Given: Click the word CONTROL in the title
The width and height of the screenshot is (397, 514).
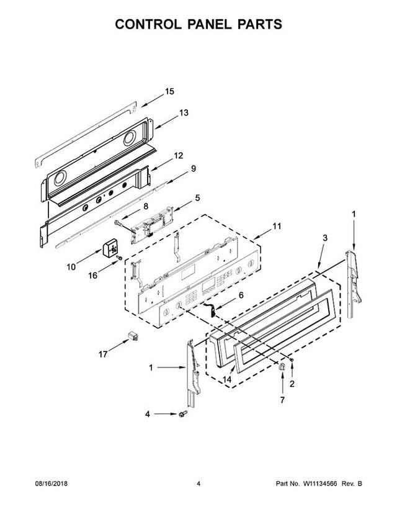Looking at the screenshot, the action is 148,24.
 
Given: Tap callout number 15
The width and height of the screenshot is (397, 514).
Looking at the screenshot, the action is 170,91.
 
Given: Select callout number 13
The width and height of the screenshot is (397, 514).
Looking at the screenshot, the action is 184,113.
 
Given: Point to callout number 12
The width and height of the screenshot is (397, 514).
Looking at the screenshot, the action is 178,156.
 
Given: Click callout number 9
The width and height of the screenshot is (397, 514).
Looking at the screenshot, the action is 194,168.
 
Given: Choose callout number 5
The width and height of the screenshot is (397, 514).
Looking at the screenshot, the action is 197,198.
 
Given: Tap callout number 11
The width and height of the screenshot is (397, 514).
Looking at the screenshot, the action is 277,226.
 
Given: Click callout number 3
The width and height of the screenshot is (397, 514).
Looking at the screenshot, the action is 324,238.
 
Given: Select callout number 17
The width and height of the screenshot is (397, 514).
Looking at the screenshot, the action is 103,354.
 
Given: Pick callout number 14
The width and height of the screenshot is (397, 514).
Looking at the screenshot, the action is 227,379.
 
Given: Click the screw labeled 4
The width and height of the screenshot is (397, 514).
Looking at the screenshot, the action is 182,414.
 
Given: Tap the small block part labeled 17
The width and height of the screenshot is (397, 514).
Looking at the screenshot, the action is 132,336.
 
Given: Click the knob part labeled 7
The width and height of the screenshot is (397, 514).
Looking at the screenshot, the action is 282,367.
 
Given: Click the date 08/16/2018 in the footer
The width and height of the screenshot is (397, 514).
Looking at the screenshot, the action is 51,484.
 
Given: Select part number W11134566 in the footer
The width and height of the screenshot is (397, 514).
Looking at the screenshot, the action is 320,484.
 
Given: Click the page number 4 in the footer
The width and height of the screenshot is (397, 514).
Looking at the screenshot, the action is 198,484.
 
